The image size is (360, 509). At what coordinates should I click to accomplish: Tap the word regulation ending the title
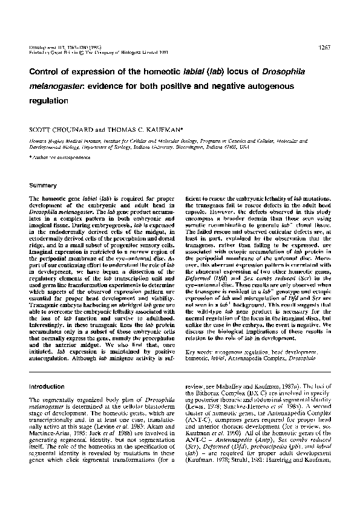click(49, 100)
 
